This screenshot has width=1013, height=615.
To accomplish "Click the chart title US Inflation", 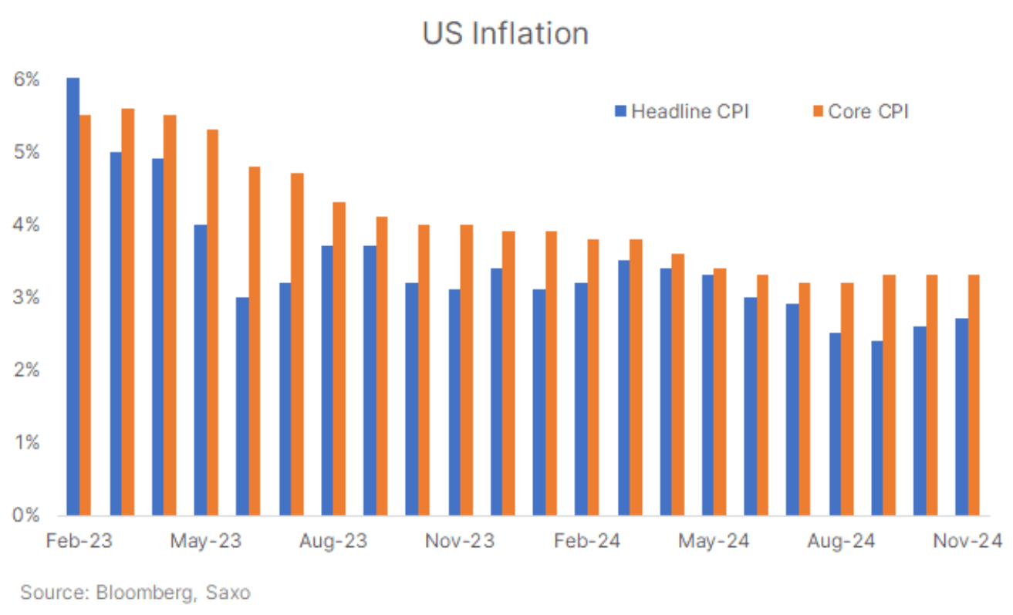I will (505, 33).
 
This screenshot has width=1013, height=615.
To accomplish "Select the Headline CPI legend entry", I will (682, 111).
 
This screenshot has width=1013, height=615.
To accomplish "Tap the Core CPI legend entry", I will (861, 111).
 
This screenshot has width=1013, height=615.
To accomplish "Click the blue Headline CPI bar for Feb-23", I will (73, 297).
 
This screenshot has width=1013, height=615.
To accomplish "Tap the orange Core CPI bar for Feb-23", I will (86, 315).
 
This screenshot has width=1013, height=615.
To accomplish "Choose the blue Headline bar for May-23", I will (200, 370).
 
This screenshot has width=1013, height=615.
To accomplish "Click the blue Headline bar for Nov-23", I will (454, 402).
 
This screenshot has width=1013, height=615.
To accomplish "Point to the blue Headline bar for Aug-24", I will (835, 424).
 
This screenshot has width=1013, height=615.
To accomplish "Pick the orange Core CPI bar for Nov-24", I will (974, 395).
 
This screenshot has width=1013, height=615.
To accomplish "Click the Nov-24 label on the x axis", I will (967, 541).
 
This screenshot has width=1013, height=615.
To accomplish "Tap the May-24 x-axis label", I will (714, 541).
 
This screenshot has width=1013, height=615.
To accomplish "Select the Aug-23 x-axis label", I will (333, 541).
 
